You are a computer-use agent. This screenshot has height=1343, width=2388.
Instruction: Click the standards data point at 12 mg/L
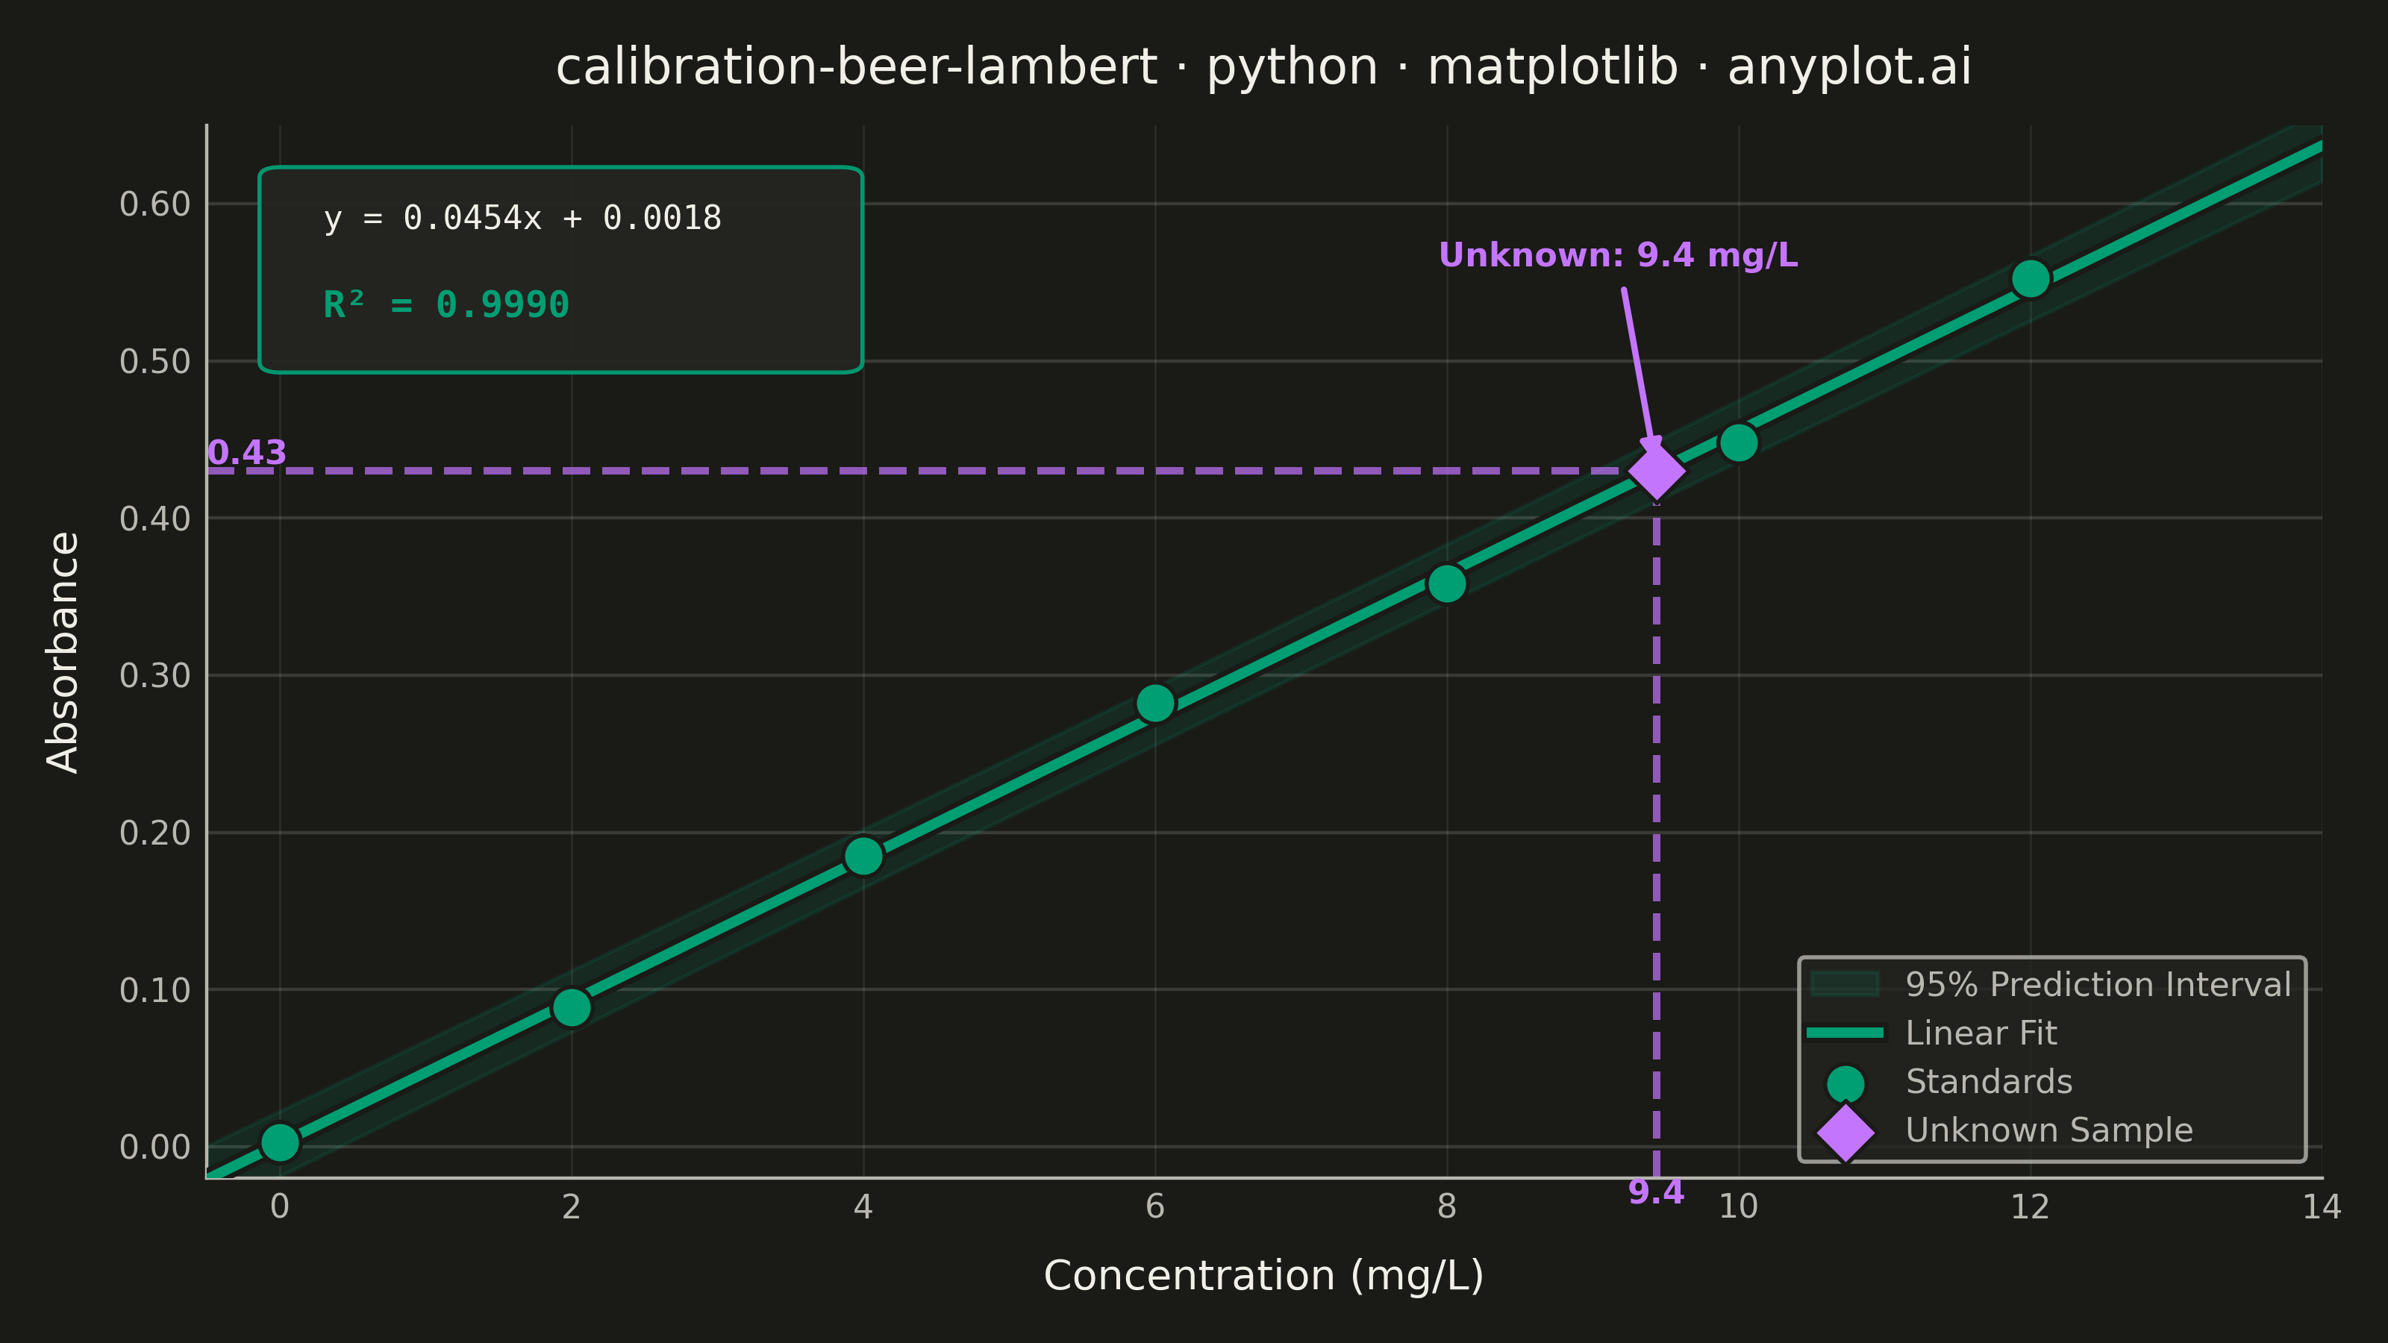click(x=2030, y=279)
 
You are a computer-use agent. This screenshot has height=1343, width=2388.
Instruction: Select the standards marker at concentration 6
click(x=1155, y=704)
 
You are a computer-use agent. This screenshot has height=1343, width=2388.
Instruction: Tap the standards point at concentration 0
click(x=280, y=1143)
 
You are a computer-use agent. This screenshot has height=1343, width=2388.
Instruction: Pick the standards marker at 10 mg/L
click(x=1738, y=443)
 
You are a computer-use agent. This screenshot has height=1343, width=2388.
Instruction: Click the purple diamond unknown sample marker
click(x=1657, y=471)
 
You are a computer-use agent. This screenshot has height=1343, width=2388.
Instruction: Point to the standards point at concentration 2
click(x=572, y=1007)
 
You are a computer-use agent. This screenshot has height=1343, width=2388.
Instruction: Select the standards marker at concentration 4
click(x=863, y=857)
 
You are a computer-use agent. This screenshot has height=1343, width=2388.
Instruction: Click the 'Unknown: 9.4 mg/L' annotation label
click(x=1618, y=255)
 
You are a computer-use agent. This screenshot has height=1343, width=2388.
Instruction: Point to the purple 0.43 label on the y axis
click(x=246, y=452)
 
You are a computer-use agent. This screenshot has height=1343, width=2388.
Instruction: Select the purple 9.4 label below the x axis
click(x=1656, y=1193)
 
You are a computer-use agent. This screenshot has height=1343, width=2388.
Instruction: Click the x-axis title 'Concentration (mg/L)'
click(x=1263, y=1277)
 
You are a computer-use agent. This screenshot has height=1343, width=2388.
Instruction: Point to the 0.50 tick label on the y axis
click(x=154, y=361)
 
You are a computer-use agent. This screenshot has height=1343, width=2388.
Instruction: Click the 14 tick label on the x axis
click(x=2322, y=1206)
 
